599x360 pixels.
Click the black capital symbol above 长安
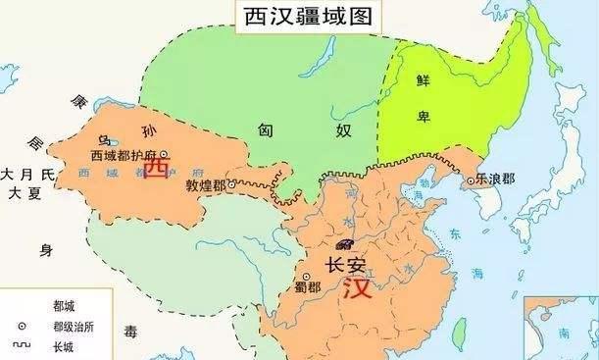[x=344, y=244]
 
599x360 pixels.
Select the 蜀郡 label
[x=308, y=287]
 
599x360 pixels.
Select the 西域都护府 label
[x=123, y=155]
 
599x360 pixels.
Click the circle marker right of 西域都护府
[x=164, y=154]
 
